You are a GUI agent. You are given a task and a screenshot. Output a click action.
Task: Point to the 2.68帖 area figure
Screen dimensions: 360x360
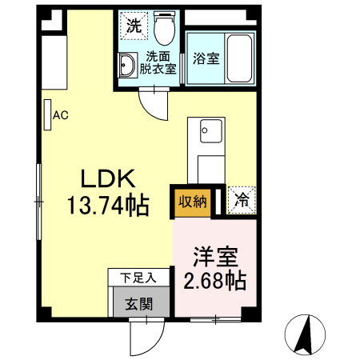pos(215,281)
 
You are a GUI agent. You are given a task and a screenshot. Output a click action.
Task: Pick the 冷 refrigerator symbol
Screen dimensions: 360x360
pos(241,201)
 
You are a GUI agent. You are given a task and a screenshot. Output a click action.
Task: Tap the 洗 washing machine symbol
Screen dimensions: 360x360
pos(134,25)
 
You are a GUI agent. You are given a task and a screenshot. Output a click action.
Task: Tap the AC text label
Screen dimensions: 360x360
pos(61,115)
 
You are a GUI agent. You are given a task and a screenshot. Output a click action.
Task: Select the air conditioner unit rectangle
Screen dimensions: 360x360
pos(48,115)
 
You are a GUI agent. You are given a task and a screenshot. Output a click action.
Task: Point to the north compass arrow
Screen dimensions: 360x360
pos(306,335)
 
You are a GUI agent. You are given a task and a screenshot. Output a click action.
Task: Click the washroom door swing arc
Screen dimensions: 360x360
pos(153,101)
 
